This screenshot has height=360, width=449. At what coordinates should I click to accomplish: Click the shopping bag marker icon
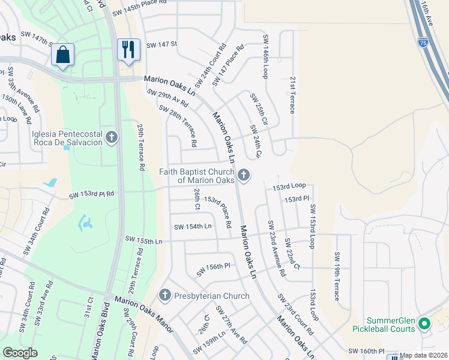click(62, 55)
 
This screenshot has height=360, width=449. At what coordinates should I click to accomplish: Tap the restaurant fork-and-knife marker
click(128, 50)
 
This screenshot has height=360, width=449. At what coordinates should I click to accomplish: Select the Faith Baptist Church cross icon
click(243, 175)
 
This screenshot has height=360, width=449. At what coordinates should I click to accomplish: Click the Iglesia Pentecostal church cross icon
click(111, 138)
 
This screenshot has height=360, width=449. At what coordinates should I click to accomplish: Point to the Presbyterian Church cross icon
click(164, 295)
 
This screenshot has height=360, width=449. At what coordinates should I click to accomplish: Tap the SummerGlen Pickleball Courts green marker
click(424, 324)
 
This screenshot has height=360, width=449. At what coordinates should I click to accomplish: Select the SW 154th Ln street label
click(193, 226)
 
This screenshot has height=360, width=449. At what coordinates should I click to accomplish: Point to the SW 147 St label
click(162, 44)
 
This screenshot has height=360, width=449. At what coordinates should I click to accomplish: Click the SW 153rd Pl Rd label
click(91, 195)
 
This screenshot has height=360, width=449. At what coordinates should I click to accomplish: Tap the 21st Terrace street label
click(292, 95)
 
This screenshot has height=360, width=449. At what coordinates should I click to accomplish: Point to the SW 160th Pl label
click(366, 351)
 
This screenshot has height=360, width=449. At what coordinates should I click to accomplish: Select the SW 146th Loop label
click(265, 57)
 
